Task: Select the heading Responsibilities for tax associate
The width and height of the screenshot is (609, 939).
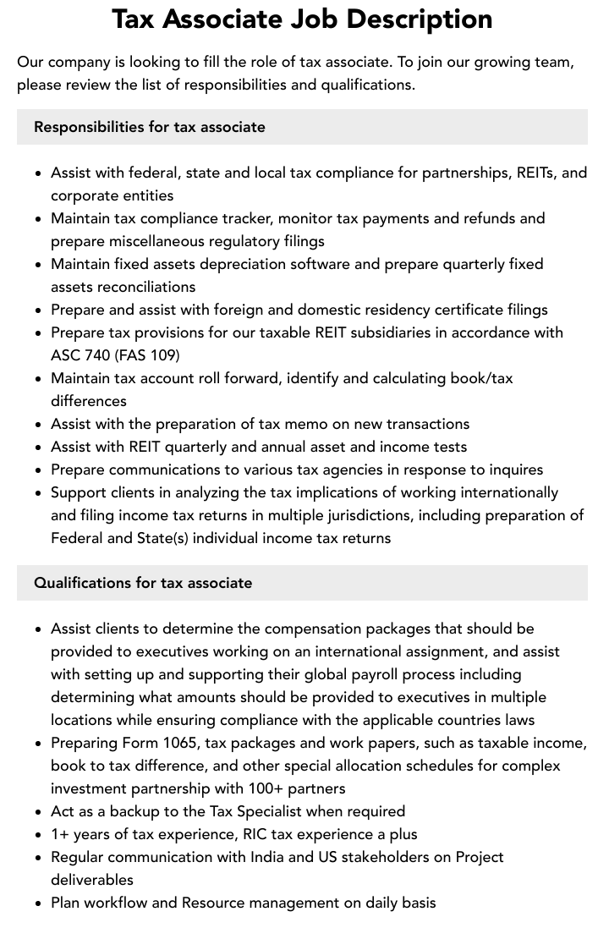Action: click(150, 127)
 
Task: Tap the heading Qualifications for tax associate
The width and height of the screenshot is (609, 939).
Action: click(143, 583)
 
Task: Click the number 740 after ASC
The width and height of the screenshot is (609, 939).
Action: click(97, 355)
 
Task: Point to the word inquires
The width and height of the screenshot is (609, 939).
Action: click(510, 469)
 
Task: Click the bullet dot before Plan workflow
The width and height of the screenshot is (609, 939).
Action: click(39, 903)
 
